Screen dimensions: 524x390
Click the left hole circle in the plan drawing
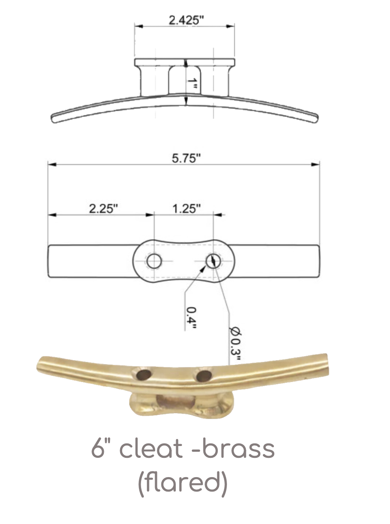(154, 262)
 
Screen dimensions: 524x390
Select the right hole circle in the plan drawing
(213, 262)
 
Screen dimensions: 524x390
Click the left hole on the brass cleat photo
(144, 375)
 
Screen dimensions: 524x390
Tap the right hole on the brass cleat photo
(203, 375)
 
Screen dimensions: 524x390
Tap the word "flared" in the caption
(183, 482)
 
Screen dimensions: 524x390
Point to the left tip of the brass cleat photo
(39, 365)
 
